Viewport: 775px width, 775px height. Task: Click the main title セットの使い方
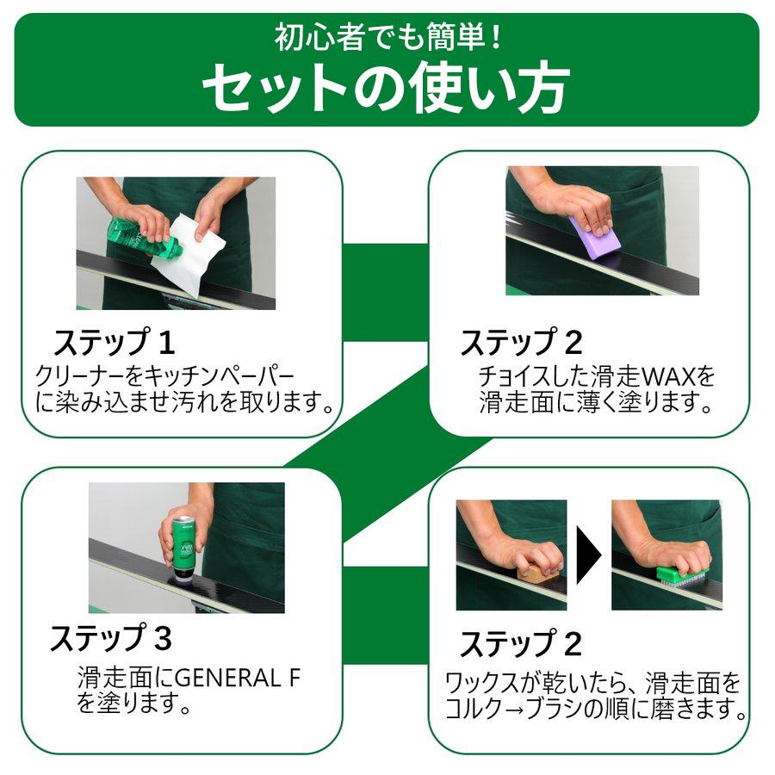pos(386,86)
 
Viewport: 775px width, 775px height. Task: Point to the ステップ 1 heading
pos(115,344)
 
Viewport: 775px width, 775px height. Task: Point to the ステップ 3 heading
pos(110,640)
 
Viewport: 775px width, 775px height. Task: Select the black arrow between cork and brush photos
pos(589,555)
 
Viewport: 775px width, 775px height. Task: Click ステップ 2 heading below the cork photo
pos(520,644)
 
